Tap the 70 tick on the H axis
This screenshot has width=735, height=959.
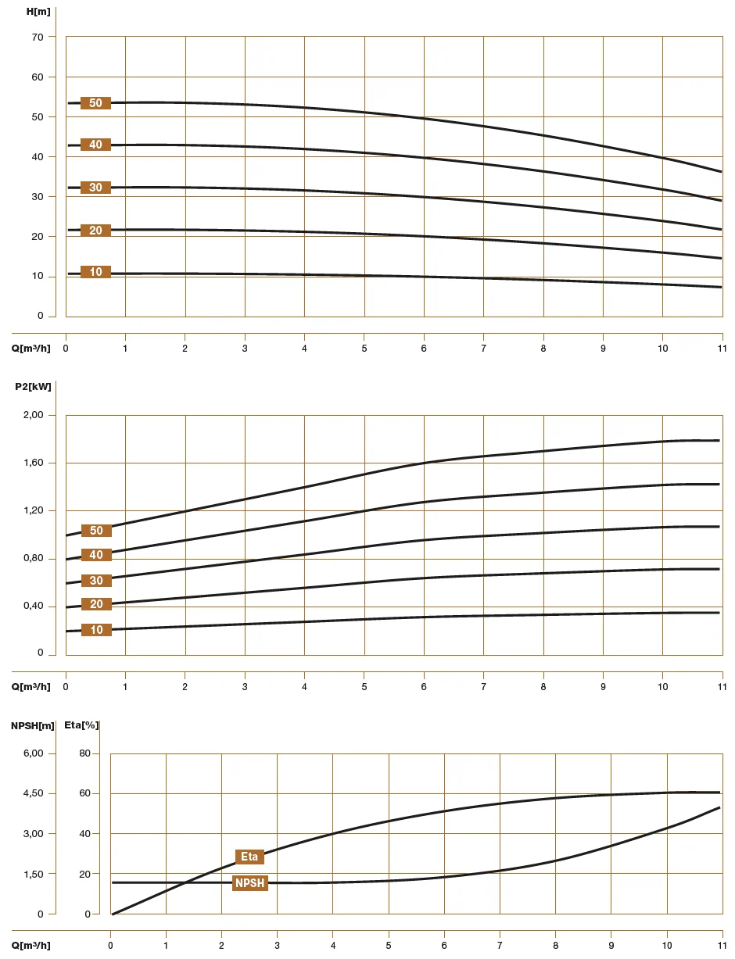(x=38, y=37)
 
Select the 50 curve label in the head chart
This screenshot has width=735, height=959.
(x=95, y=103)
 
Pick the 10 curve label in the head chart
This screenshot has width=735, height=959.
(x=95, y=272)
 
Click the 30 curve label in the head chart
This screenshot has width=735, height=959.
(x=95, y=188)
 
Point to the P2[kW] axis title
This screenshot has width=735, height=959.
(x=33, y=386)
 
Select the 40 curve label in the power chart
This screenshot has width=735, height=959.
(x=96, y=555)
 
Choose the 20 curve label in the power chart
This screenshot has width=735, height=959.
(x=96, y=604)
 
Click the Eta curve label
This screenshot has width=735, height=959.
(x=249, y=857)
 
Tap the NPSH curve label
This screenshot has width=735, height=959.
(x=250, y=883)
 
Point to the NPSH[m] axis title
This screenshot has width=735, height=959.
(x=32, y=725)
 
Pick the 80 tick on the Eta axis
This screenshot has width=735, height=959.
(x=84, y=753)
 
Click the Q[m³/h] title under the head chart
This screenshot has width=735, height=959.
(x=30, y=348)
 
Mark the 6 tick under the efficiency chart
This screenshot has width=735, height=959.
(x=444, y=945)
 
